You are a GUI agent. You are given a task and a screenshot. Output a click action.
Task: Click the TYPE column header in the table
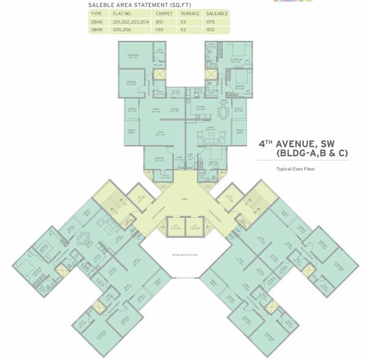click(x=96, y=13)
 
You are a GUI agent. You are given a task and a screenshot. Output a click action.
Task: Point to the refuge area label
click(x=183, y=254)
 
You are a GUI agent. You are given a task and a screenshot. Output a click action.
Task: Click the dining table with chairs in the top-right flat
click(x=220, y=112)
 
